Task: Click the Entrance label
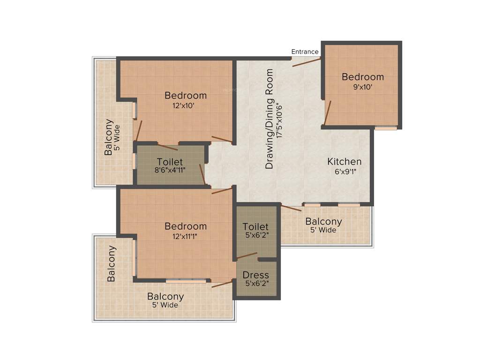pyautogui.click(x=305, y=52)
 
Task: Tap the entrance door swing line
pyautogui.click(x=306, y=62)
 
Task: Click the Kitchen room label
pyautogui.click(x=344, y=162)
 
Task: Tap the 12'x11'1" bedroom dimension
pyautogui.click(x=185, y=236)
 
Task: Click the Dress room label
pyautogui.click(x=256, y=275)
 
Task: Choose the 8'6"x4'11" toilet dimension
pyautogui.click(x=170, y=171)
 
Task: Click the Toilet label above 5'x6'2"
pyautogui.click(x=256, y=227)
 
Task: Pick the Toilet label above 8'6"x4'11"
pyautogui.click(x=170, y=162)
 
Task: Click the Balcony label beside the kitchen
pyautogui.click(x=323, y=221)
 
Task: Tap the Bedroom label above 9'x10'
pyautogui.click(x=362, y=77)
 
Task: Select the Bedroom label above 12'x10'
pyautogui.click(x=185, y=96)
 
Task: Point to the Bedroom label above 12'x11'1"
pyautogui.click(x=185, y=226)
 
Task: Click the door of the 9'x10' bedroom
pyautogui.click(x=327, y=113)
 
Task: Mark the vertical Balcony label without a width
pyautogui.click(x=111, y=263)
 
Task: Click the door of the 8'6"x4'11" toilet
pyautogui.click(x=202, y=174)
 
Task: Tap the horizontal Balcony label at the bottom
pyautogui.click(x=165, y=296)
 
